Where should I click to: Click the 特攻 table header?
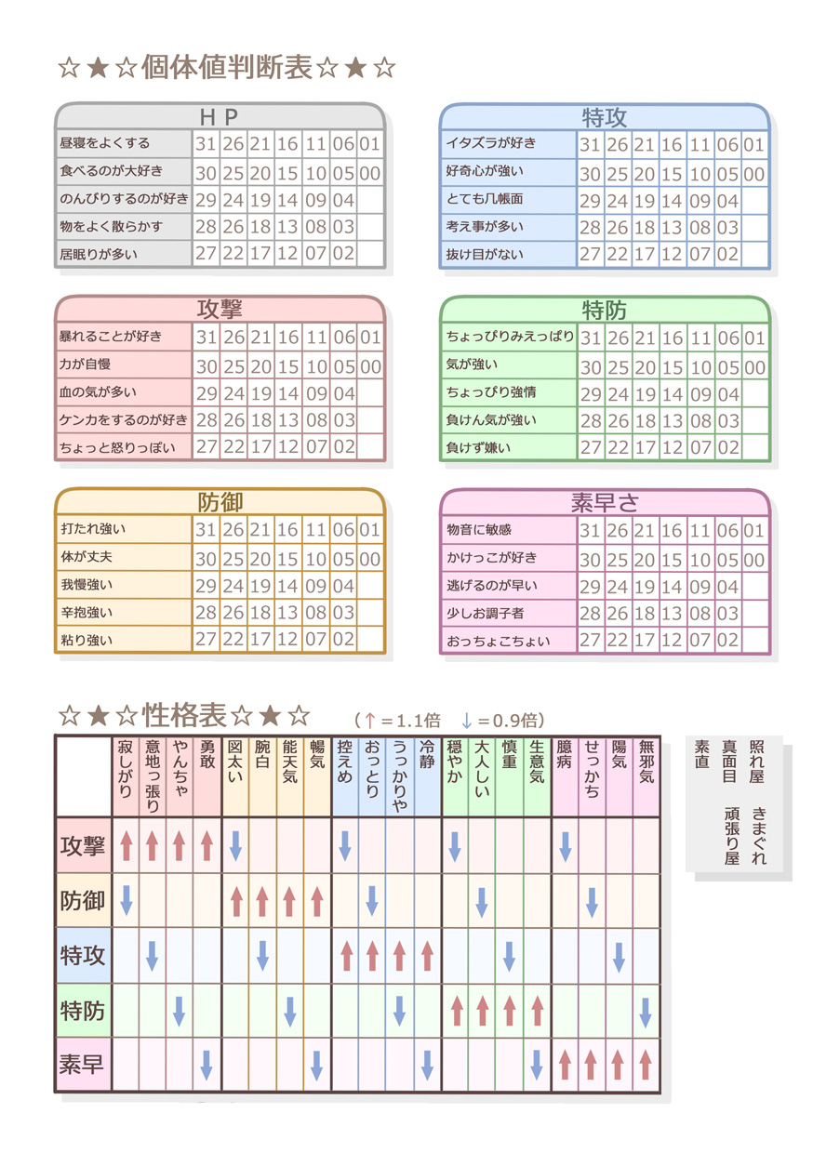point(605,117)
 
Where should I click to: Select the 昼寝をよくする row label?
point(104,143)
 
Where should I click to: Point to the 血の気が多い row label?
point(98,392)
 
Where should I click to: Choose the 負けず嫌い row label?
point(478,447)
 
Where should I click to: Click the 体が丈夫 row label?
point(87,558)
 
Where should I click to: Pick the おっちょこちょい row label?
point(498,641)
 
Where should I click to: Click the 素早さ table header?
point(605,503)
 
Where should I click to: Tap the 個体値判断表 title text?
point(227,68)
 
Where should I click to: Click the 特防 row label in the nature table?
point(83,1010)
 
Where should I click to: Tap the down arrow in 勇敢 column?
point(207,1065)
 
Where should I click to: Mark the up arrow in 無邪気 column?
point(646,1065)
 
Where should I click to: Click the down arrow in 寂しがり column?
point(127,900)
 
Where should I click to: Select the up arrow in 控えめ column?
point(346,955)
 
